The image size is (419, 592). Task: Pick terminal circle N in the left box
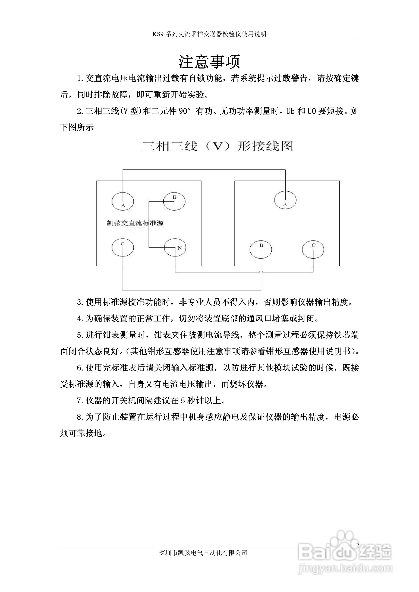175,247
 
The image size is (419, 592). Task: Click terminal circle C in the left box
123,247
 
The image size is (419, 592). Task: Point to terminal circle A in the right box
285,200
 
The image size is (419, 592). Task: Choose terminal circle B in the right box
261,249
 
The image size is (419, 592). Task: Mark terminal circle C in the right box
313,249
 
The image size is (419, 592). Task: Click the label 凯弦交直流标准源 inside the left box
135,223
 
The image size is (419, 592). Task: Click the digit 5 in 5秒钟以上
183,400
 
